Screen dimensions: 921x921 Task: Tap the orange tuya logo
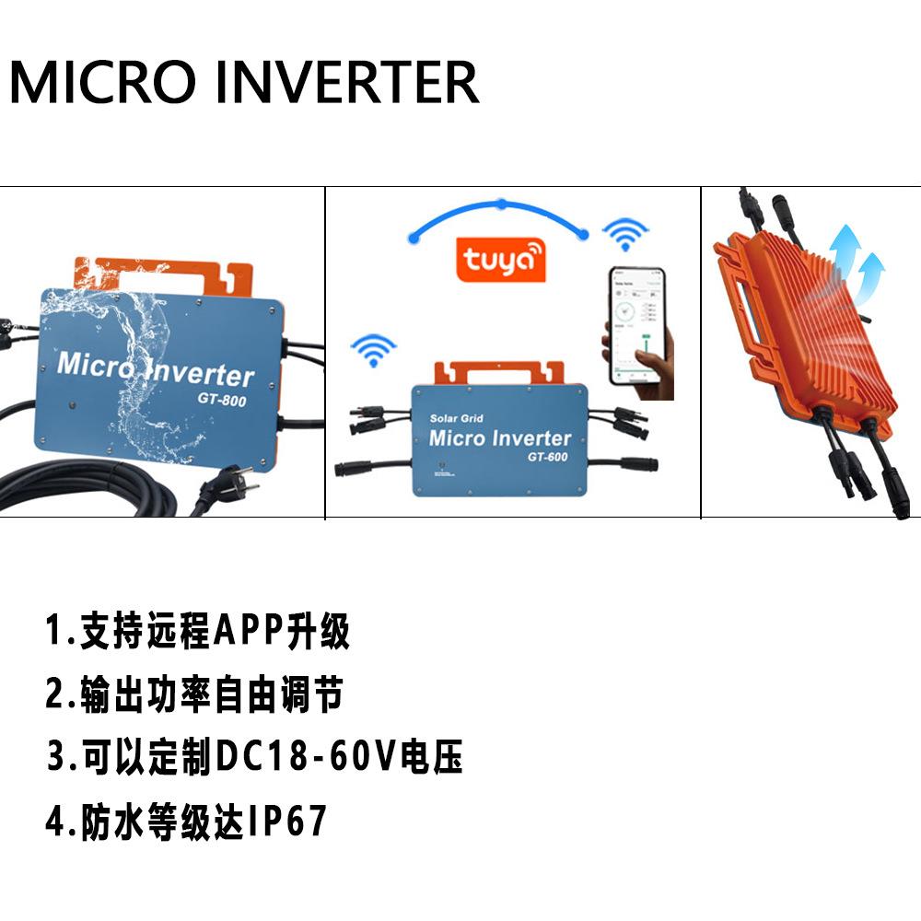pyautogui.click(x=501, y=258)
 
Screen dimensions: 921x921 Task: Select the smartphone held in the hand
pyautogui.click(x=638, y=327)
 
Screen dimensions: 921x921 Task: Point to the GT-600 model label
pyautogui.click(x=548, y=458)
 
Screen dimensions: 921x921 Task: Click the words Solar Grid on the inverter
pyautogui.click(x=457, y=419)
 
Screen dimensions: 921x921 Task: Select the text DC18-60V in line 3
pyautogui.click(x=303, y=757)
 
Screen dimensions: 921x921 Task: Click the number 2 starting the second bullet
pyautogui.click(x=54, y=695)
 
